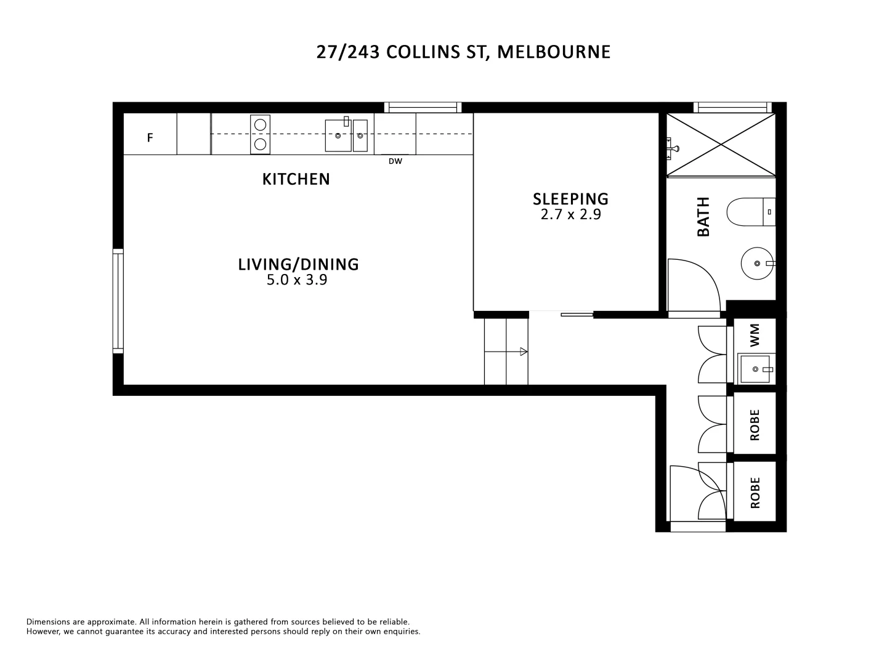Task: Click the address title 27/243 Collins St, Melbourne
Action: [x=463, y=52]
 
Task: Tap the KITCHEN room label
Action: [x=296, y=179]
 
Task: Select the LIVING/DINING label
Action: [x=298, y=264]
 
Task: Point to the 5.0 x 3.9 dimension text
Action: [x=296, y=280]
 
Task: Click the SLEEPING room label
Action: [x=570, y=199]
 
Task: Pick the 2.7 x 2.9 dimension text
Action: [x=570, y=215]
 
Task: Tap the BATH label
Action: [x=703, y=217]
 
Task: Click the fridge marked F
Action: [x=150, y=138]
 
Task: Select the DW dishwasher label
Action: [x=395, y=162]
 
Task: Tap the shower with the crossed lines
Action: [x=721, y=145]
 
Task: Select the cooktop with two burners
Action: [x=260, y=134]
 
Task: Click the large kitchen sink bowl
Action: [x=338, y=135]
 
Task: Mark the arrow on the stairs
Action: [x=524, y=352]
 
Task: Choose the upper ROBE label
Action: [x=755, y=425]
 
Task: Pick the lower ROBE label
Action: [x=755, y=493]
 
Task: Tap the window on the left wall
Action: [x=118, y=300]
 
